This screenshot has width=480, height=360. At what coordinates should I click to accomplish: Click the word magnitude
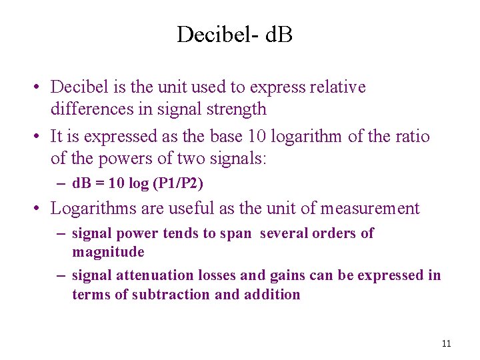tap(108, 252)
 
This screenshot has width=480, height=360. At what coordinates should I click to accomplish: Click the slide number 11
tap(446, 343)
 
